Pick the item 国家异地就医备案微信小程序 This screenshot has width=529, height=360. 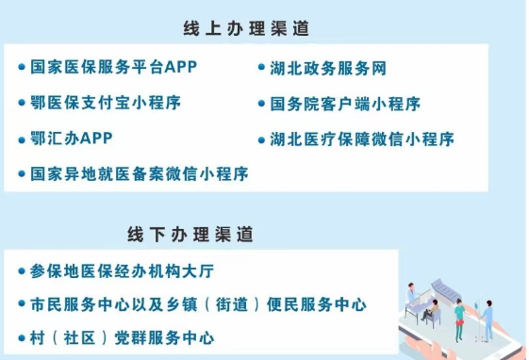(x=139, y=173)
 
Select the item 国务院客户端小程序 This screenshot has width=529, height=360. (x=345, y=103)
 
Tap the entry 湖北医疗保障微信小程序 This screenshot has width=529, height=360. (x=362, y=139)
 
